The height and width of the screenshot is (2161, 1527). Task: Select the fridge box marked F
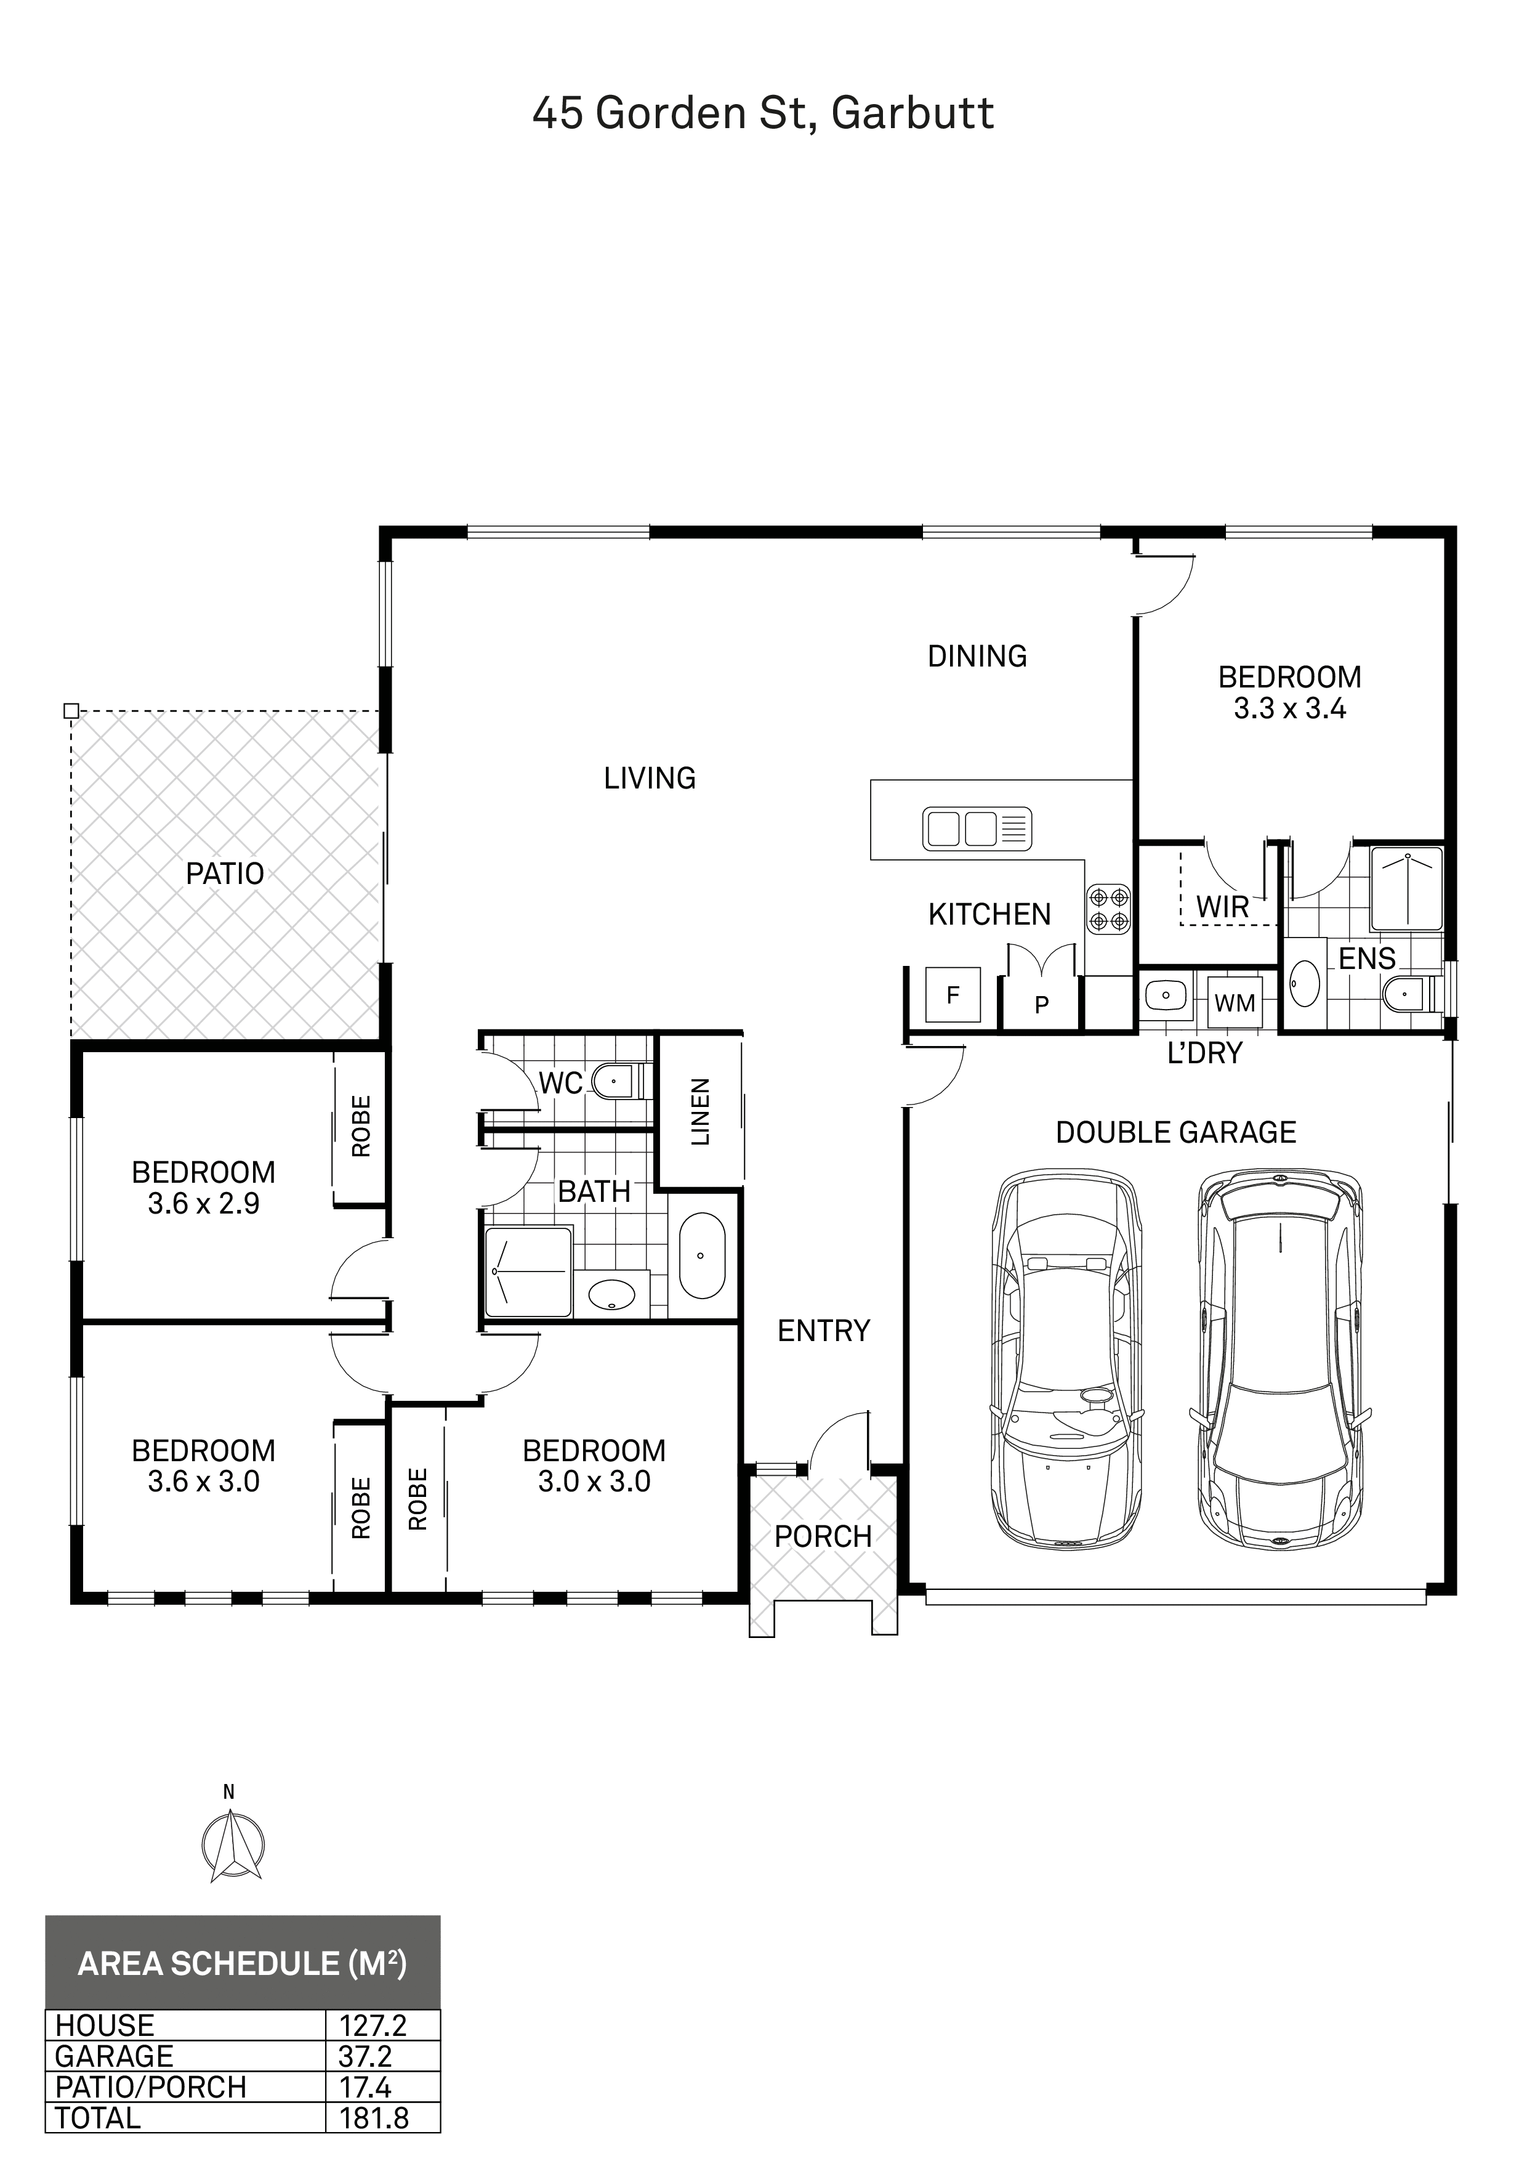[x=953, y=995]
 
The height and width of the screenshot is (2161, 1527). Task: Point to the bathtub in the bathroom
[x=702, y=1257]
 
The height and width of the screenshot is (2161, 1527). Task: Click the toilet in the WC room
[x=616, y=1082]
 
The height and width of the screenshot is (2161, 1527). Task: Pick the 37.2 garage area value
[x=365, y=2056]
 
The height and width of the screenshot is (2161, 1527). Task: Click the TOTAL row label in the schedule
[x=98, y=2118]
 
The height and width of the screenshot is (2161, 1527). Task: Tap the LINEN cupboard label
[x=700, y=1111]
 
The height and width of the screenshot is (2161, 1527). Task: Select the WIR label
[x=1222, y=907]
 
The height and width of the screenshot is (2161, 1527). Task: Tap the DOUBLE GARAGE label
[x=1176, y=1132]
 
